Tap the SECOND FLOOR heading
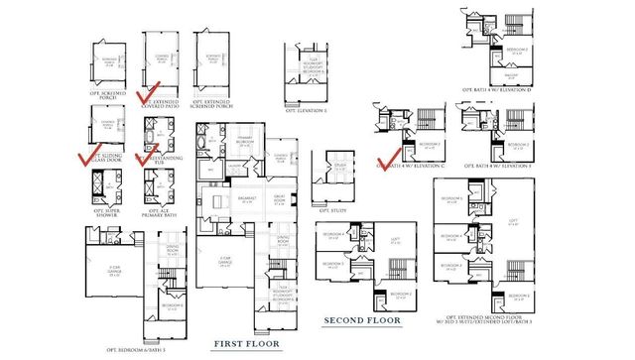pos(363,320)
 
